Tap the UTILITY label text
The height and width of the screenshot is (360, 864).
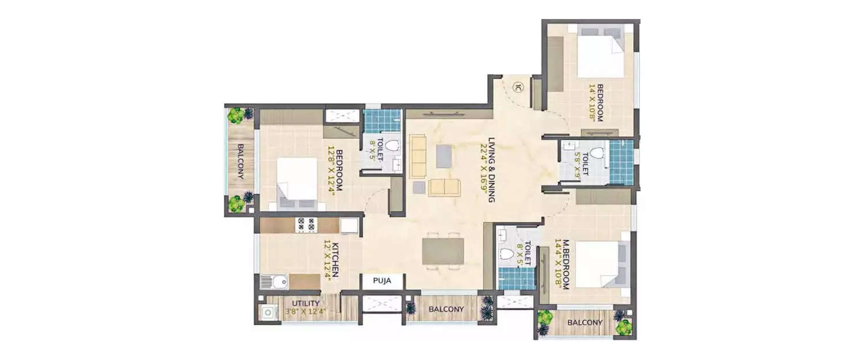click(306, 304)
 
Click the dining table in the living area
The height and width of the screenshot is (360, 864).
click(442, 251)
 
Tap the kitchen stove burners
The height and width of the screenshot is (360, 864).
click(305, 224)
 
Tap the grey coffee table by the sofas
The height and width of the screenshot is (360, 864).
click(444, 156)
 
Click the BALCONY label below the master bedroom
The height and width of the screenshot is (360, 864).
click(585, 323)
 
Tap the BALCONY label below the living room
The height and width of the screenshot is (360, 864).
click(446, 309)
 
